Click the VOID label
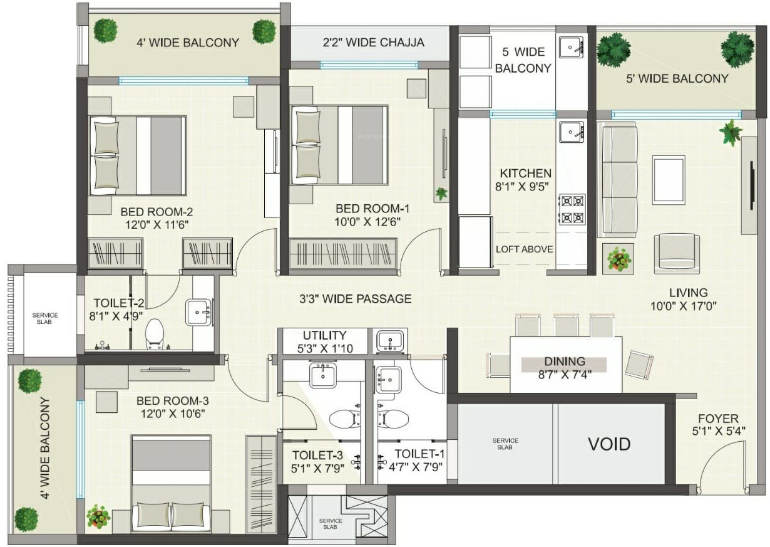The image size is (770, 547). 609,444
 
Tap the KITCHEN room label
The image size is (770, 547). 525,173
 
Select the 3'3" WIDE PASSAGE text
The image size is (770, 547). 355,299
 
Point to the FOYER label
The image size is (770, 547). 718,419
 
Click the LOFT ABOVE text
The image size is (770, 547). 524,249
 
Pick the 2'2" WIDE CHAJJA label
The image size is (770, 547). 373,43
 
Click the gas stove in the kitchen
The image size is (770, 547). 572,209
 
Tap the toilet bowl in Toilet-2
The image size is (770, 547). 155,334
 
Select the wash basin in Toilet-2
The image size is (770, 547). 198,312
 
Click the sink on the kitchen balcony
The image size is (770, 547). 571,47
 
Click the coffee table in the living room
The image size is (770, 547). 669,180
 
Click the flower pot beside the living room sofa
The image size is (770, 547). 618,259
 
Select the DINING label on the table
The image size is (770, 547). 565,362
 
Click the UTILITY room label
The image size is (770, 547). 324,335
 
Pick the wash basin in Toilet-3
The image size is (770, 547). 323,375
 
